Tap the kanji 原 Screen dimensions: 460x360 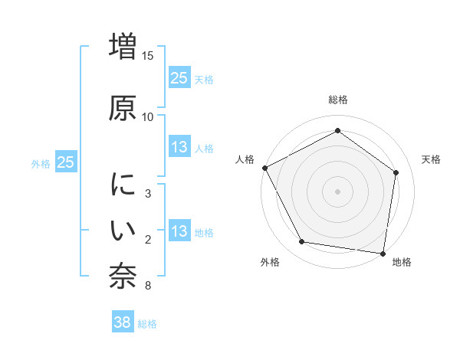123,108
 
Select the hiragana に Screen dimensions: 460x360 123,185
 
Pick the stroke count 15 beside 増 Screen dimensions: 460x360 148,56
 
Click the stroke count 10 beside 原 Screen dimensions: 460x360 148,116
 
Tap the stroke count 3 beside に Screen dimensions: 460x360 148,194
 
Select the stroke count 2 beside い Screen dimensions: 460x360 148,240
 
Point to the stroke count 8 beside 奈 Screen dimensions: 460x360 148,286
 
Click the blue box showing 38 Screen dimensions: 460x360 123,322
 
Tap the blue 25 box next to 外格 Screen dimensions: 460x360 66,162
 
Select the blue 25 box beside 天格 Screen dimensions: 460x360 179,77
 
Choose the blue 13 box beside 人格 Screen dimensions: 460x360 179,147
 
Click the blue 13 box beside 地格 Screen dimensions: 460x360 179,231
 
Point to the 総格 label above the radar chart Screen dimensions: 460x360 337,100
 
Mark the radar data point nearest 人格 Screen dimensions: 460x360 265,168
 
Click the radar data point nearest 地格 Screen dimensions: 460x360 382,252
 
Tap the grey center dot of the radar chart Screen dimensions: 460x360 337,191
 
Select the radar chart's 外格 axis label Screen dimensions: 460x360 270,263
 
